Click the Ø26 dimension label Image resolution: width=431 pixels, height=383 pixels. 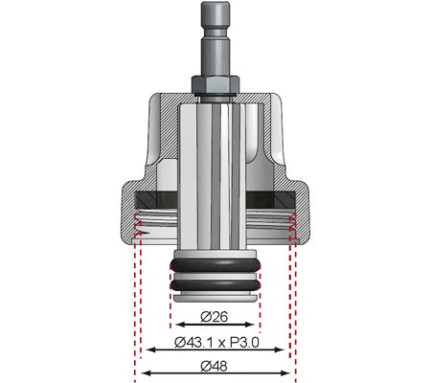click(x=215, y=316)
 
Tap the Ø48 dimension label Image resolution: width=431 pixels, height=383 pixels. click(x=215, y=364)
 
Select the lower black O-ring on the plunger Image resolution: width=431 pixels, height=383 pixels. click(x=215, y=284)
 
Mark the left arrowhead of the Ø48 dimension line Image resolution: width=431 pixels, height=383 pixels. click(x=145, y=372)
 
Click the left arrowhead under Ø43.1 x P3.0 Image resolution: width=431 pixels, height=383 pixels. click(x=149, y=349)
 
